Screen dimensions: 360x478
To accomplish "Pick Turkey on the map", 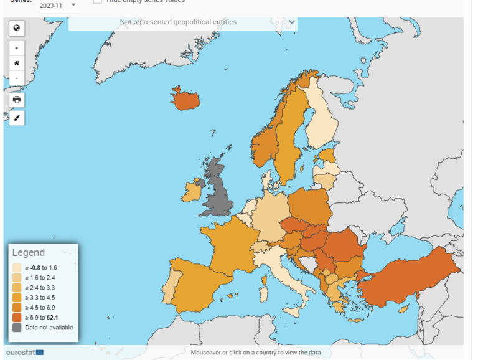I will point(411,278).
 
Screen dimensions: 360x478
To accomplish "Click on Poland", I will point(309,206).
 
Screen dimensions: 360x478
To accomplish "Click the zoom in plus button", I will point(17,48).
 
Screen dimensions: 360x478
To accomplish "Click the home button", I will point(17,63).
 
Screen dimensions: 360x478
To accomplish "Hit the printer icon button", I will point(17,100).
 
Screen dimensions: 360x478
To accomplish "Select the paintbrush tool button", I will point(17,118).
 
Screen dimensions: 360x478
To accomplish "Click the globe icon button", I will point(17,27).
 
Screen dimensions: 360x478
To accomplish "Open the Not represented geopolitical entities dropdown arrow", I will point(292,22).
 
